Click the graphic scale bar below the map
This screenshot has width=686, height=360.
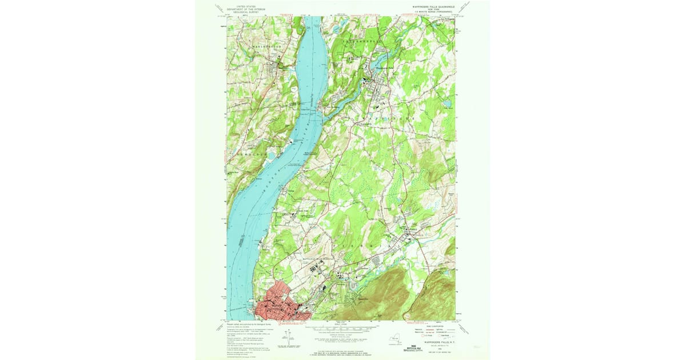344,329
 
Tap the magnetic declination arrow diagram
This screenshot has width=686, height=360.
289,339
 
